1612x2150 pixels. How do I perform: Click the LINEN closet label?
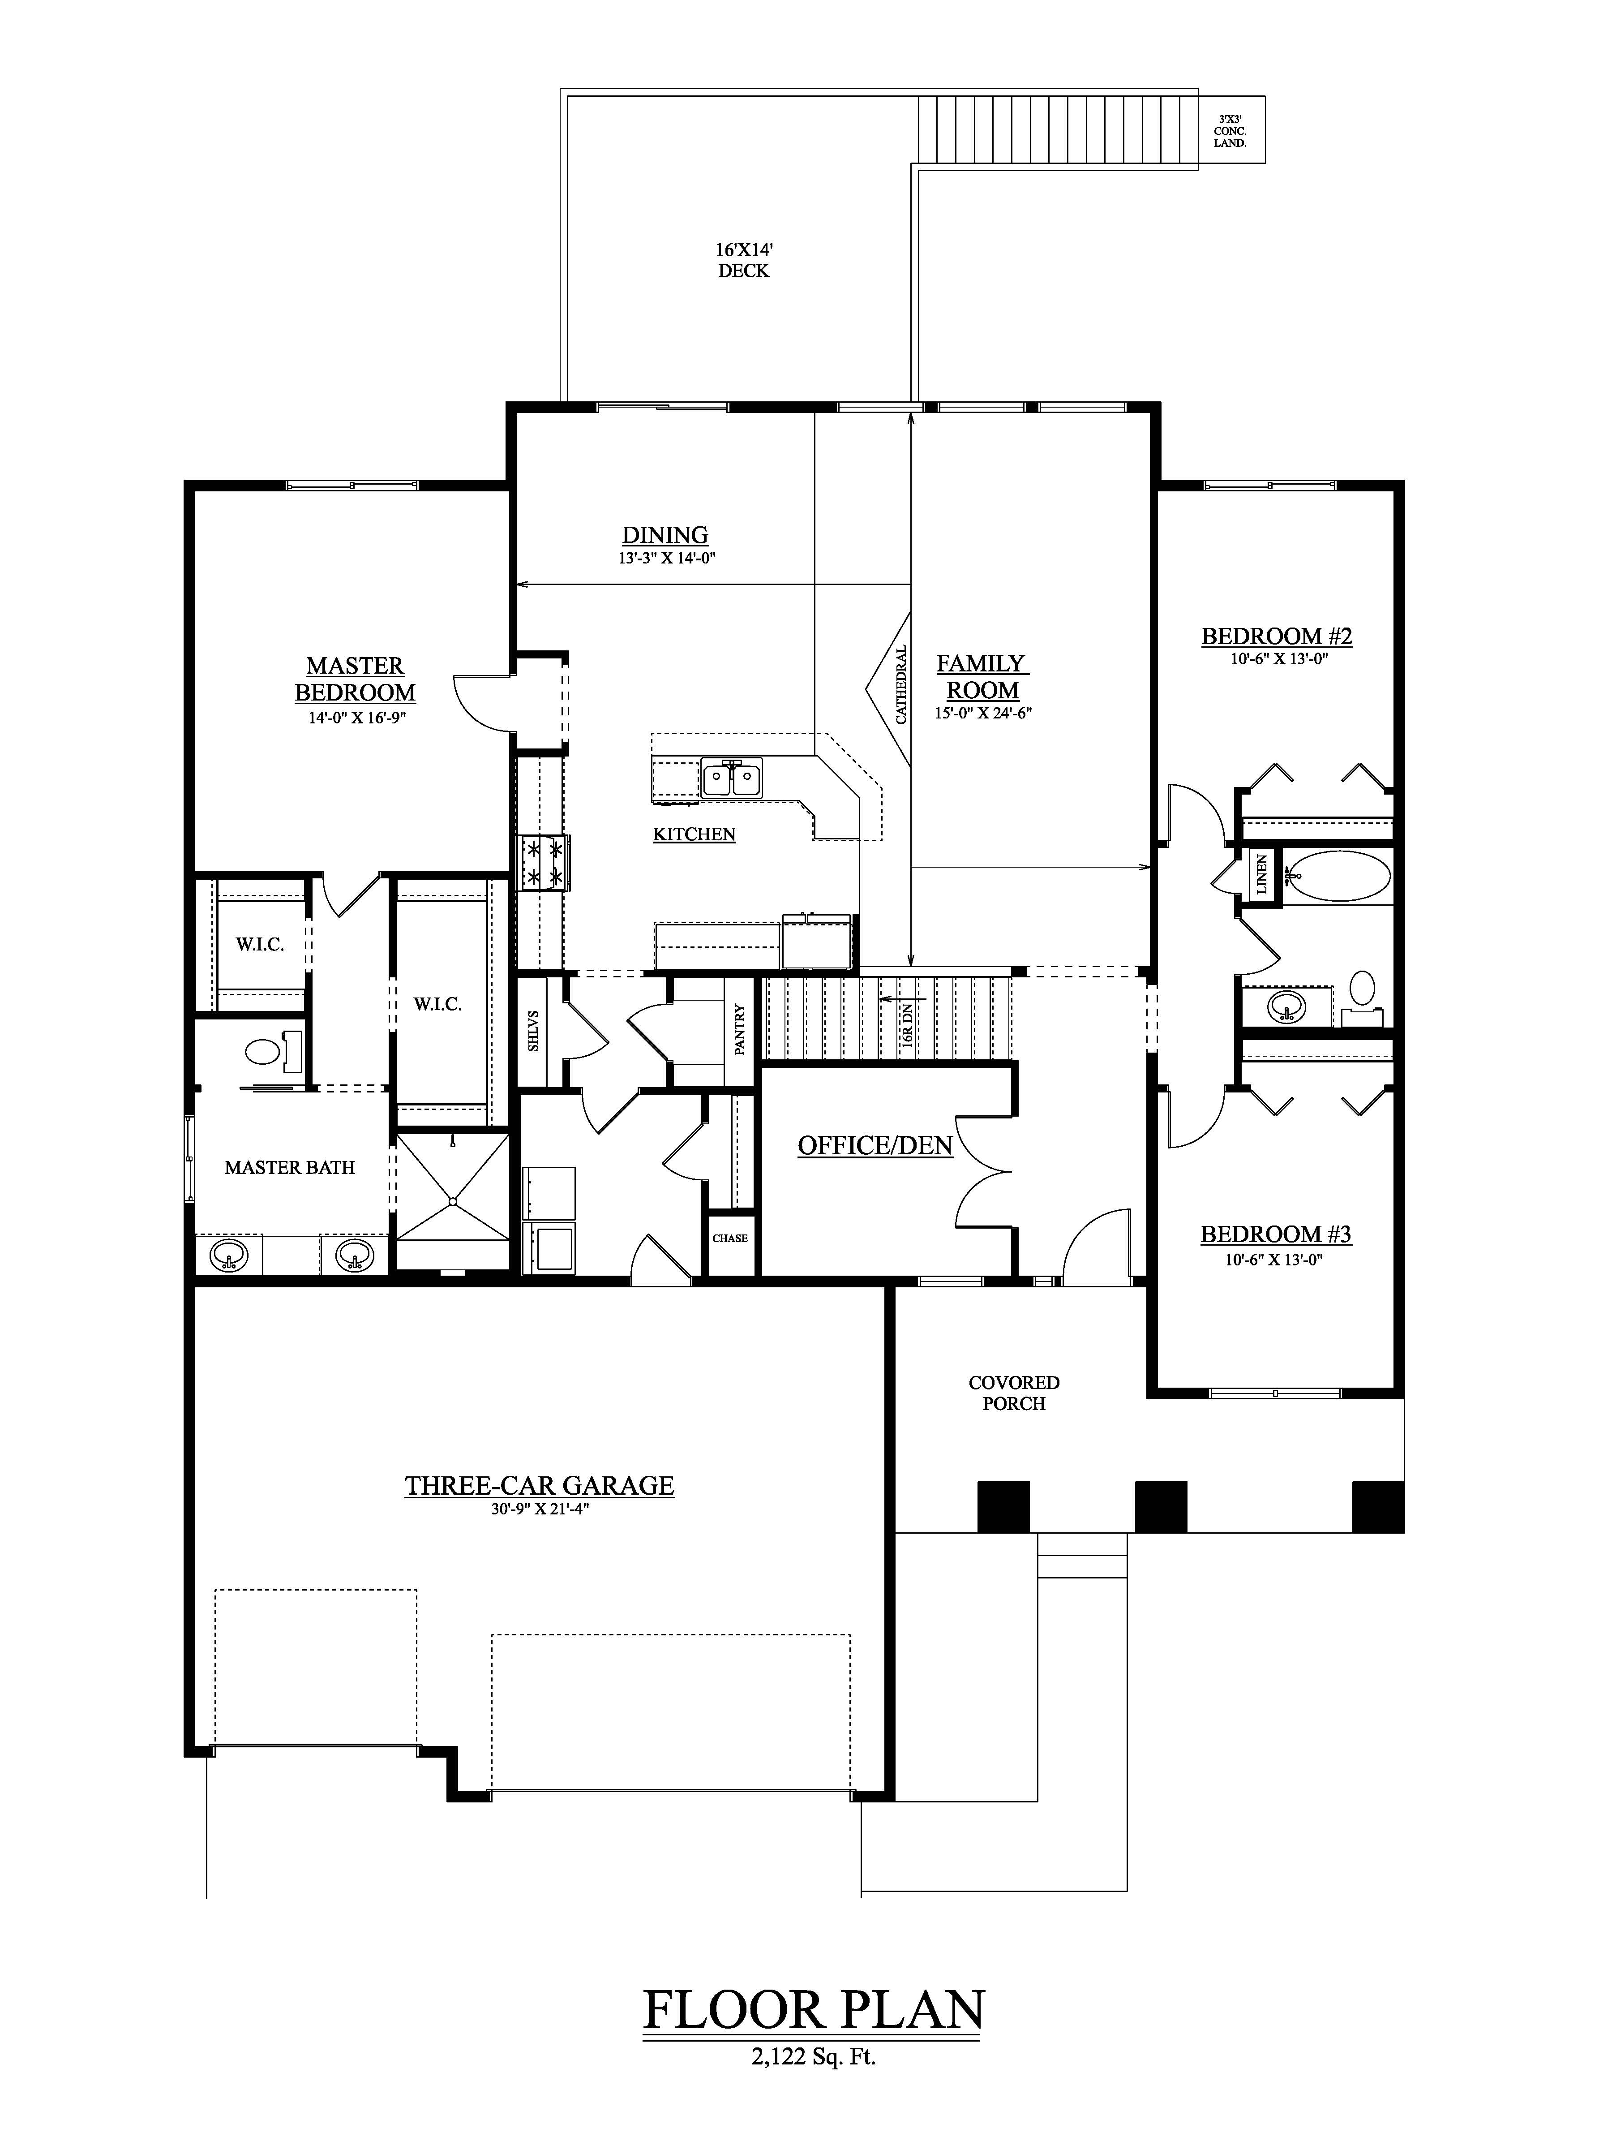coord(1261,874)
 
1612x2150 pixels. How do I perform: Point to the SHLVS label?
coord(532,1030)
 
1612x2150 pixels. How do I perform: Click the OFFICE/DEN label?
coord(875,1146)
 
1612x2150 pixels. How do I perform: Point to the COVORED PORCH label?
coord(1013,1393)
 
